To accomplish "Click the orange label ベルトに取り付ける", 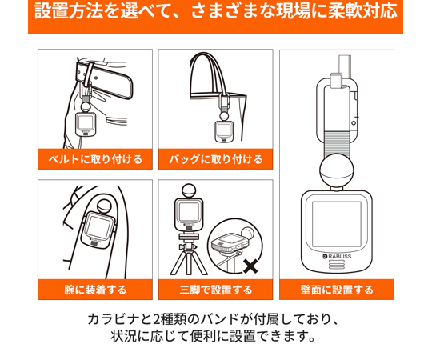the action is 95,159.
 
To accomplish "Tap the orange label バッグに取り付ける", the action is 215,159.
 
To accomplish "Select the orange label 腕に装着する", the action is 95,290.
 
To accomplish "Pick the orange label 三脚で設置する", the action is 215,290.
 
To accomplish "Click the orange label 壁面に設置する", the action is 337,290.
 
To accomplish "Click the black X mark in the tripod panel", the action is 250,266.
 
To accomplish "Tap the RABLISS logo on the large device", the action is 337,257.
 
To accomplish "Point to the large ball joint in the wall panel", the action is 337,170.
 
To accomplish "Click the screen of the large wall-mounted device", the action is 336,225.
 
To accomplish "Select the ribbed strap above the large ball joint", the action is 337,143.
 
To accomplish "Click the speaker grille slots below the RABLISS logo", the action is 337,265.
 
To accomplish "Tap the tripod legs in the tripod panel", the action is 189,262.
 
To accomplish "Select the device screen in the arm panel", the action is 98,227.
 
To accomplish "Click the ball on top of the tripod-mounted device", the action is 189,191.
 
